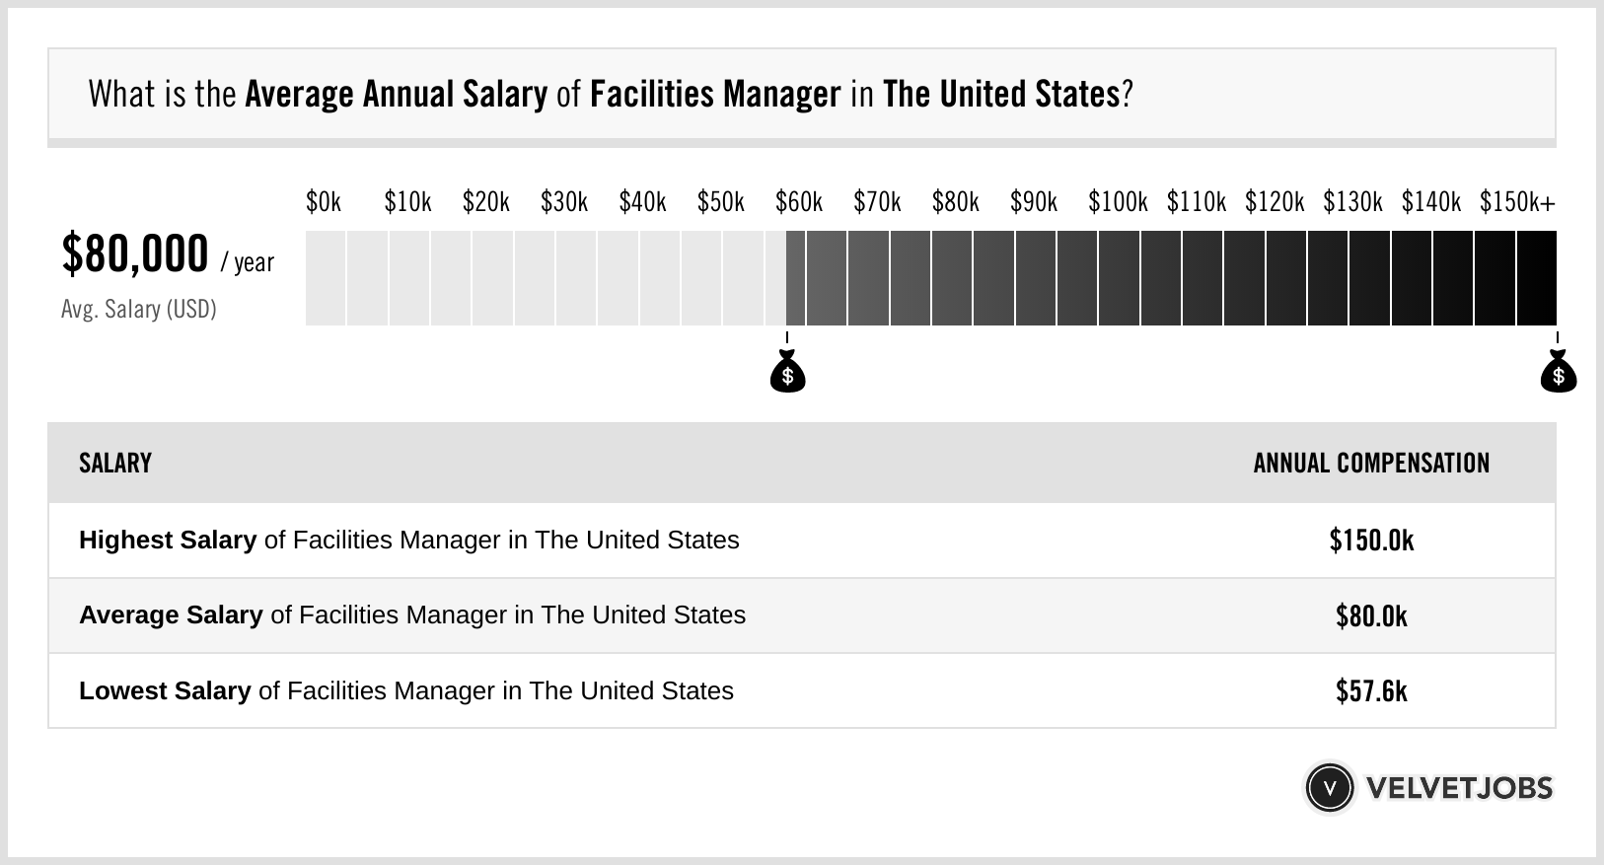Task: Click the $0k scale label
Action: coord(323,202)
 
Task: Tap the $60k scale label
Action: coord(798,202)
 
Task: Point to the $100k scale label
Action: coord(1117,202)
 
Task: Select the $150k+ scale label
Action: coord(1516,202)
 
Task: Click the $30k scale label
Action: coord(563,202)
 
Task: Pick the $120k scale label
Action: coord(1274,202)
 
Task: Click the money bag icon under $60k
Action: coord(787,373)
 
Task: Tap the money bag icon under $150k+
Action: coord(1558,373)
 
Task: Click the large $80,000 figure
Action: coord(135,254)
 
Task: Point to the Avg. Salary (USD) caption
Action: coord(138,310)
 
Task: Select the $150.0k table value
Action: coord(1371,541)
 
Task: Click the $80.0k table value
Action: coord(1371,615)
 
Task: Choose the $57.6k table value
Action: coord(1371,690)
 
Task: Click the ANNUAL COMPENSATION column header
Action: coord(1371,464)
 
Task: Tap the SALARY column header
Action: coord(115,464)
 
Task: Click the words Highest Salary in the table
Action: coord(168,541)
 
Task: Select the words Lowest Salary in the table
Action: coord(165,690)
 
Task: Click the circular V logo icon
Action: coord(1329,787)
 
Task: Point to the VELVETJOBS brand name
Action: coord(1459,787)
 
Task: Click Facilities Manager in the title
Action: coord(715,95)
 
